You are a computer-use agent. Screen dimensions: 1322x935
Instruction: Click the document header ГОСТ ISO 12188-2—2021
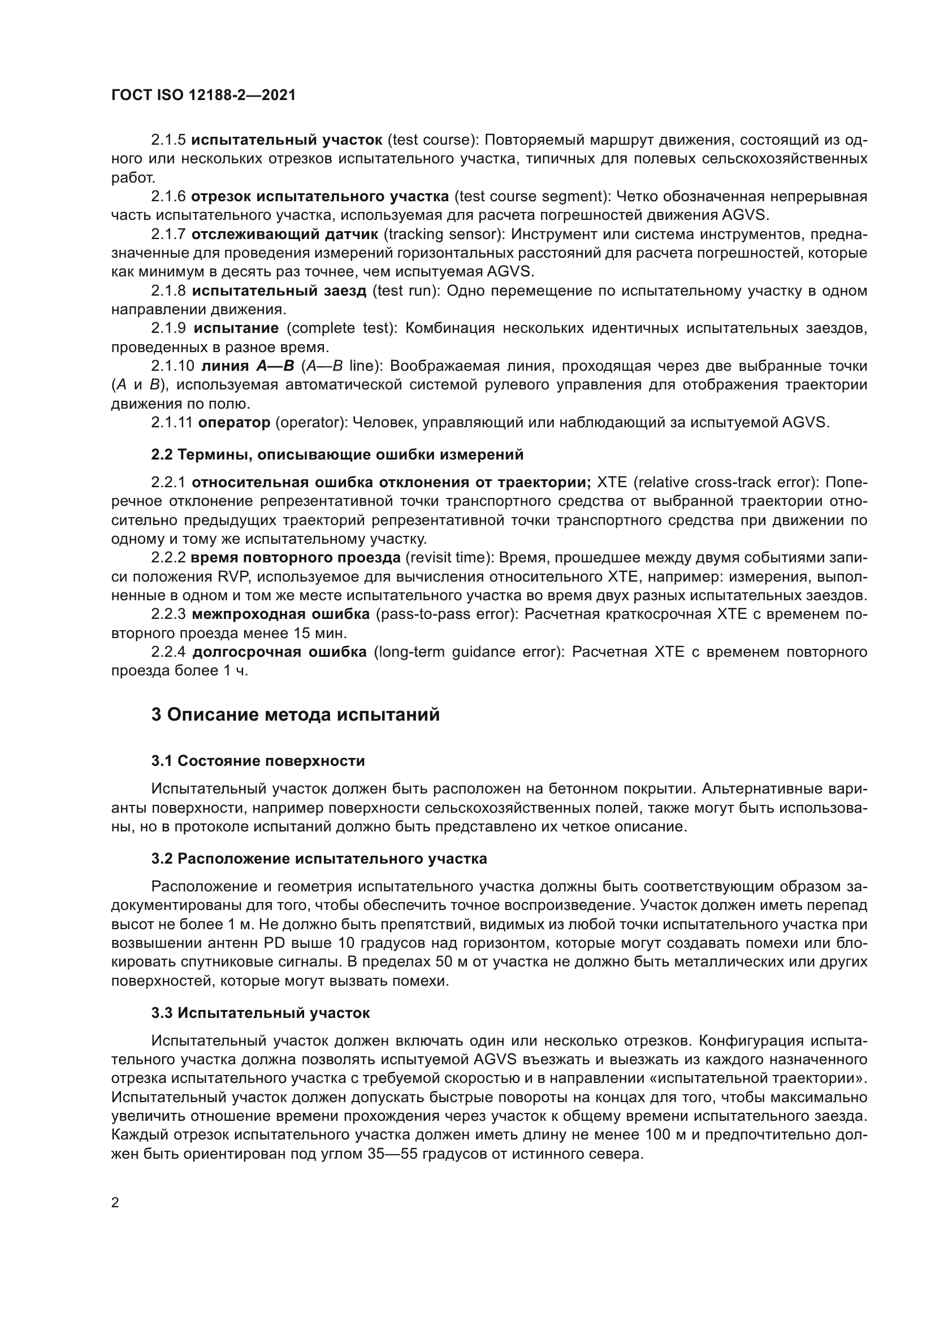click(204, 96)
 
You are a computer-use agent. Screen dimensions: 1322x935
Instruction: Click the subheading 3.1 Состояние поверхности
click(258, 761)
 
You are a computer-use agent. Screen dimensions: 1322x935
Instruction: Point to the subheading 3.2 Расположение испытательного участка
click(319, 859)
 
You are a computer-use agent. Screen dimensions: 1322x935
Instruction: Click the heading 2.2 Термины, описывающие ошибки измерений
click(337, 454)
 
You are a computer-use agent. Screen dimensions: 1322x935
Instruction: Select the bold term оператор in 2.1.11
click(234, 422)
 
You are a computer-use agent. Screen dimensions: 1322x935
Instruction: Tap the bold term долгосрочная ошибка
click(279, 652)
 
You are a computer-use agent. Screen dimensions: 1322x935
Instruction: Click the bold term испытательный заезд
click(279, 291)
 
